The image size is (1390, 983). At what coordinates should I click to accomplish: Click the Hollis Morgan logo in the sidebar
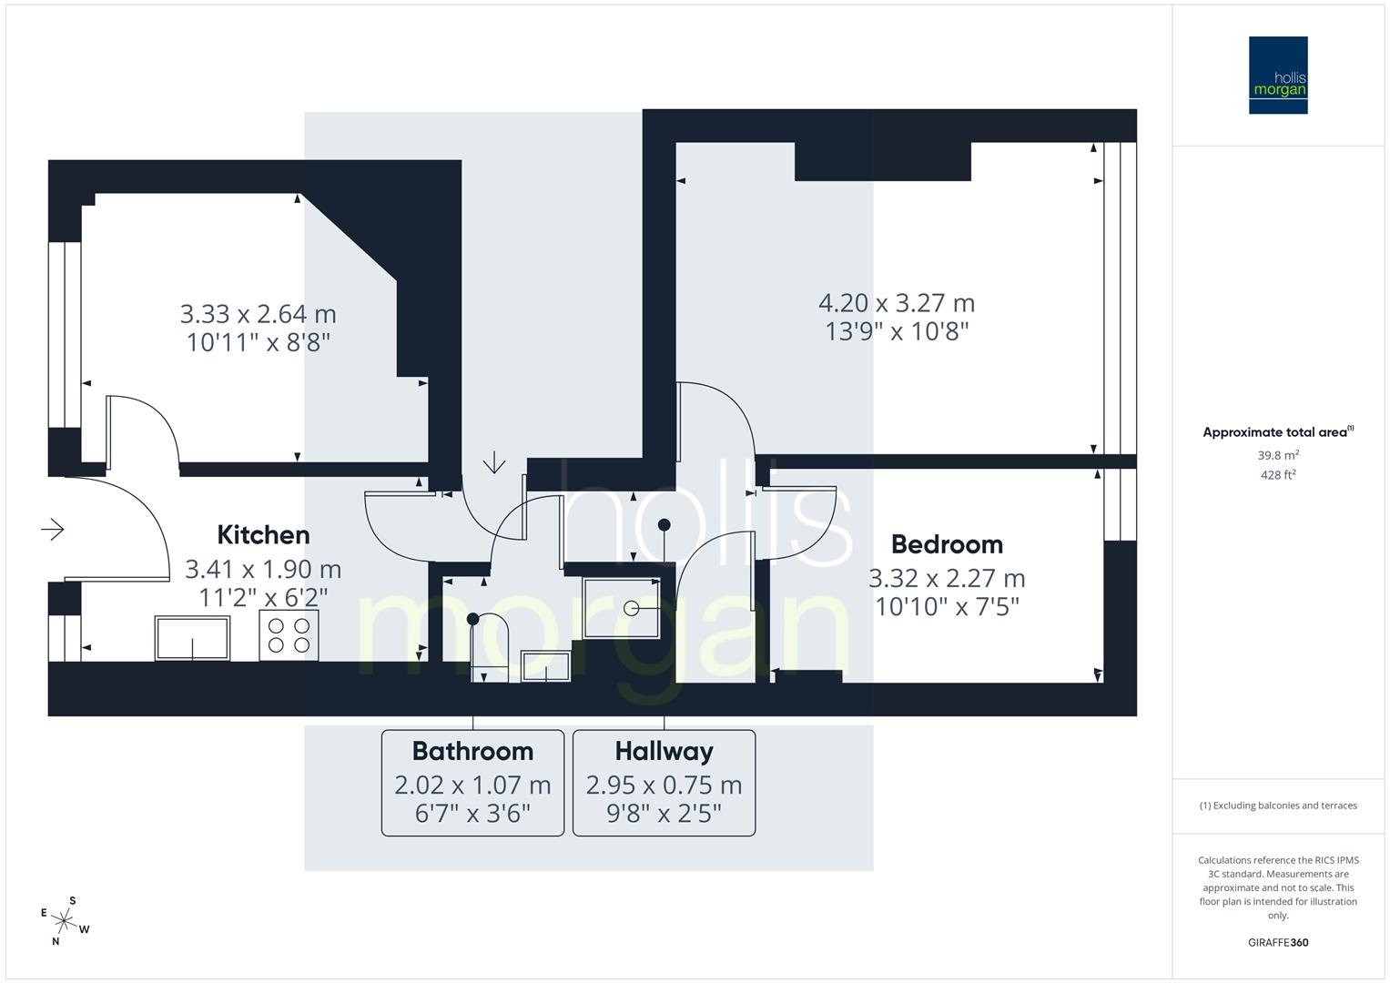pyautogui.click(x=1277, y=75)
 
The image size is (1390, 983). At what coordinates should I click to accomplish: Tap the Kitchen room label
pyautogui.click(x=263, y=535)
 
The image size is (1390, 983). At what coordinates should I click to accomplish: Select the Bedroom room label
pyautogui.click(x=947, y=544)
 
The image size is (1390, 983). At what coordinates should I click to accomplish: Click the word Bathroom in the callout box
pyautogui.click(x=472, y=751)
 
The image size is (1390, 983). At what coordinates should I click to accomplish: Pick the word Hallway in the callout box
pyautogui.click(x=664, y=751)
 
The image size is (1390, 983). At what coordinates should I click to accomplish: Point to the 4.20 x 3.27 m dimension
pyautogui.click(x=897, y=303)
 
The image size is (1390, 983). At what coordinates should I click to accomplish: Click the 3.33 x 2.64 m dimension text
pyautogui.click(x=258, y=315)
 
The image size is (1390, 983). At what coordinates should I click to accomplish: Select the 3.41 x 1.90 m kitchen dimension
pyautogui.click(x=263, y=570)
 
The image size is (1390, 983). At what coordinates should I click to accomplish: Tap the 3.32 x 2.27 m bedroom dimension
pyautogui.click(x=947, y=579)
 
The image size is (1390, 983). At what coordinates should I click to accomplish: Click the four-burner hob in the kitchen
pyautogui.click(x=289, y=634)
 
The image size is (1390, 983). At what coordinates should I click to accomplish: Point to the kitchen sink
pyautogui.click(x=192, y=637)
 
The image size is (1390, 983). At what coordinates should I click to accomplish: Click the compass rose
pyautogui.click(x=64, y=921)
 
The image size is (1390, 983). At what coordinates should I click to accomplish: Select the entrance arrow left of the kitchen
pyautogui.click(x=53, y=529)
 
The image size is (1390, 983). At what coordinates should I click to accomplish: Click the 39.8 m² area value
pyautogui.click(x=1278, y=455)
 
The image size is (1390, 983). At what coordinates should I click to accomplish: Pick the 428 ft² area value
pyautogui.click(x=1278, y=474)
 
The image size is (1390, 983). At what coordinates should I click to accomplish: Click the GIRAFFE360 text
pyautogui.click(x=1278, y=942)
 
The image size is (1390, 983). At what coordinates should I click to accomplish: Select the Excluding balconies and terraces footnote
pyautogui.click(x=1278, y=806)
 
